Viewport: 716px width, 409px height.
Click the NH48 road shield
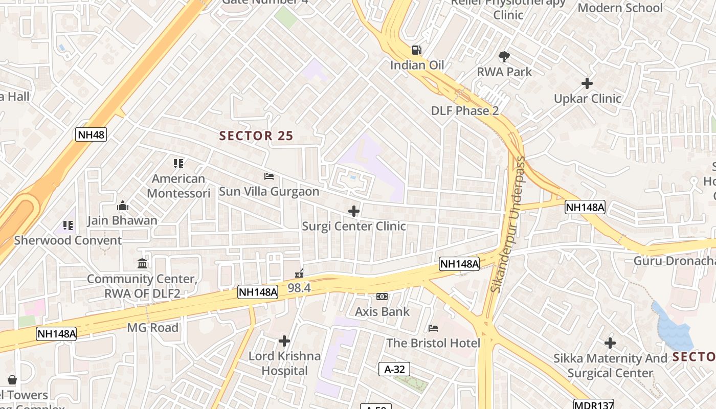(91, 135)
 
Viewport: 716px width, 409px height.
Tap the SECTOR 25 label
(256, 135)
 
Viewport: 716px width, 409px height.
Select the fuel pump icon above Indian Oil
(417, 50)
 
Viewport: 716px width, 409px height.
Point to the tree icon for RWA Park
(504, 57)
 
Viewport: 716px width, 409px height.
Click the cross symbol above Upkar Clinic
(587, 83)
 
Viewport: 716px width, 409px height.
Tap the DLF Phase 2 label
(464, 111)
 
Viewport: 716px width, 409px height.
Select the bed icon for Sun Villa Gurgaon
(269, 176)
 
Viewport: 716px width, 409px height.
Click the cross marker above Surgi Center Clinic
(353, 211)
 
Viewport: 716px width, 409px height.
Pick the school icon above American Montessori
(178, 164)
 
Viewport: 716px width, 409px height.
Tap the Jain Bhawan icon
(122, 206)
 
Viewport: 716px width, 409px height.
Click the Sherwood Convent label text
(68, 240)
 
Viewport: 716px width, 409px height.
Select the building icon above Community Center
(142, 264)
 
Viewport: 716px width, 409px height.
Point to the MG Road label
(153, 328)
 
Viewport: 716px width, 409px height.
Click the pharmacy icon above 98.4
(299, 274)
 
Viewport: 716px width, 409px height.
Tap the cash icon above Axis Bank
(382, 297)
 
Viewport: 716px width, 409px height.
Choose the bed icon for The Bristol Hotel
(433, 328)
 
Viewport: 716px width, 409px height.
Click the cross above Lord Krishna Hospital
(284, 341)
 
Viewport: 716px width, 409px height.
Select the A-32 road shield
(394, 369)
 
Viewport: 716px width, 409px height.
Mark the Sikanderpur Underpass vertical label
(508, 224)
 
